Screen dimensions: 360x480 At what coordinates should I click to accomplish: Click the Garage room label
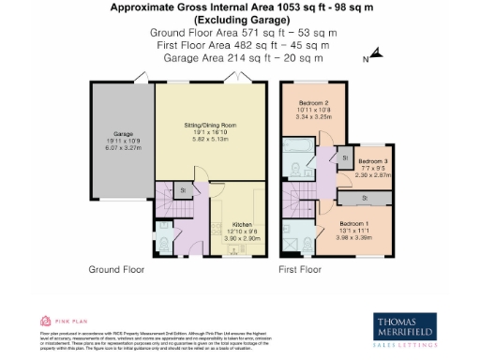point(123,133)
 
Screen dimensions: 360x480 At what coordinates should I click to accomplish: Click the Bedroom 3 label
point(373,162)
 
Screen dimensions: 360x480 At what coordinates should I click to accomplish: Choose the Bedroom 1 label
point(367,223)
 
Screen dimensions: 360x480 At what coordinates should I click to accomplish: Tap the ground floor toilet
point(164,244)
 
